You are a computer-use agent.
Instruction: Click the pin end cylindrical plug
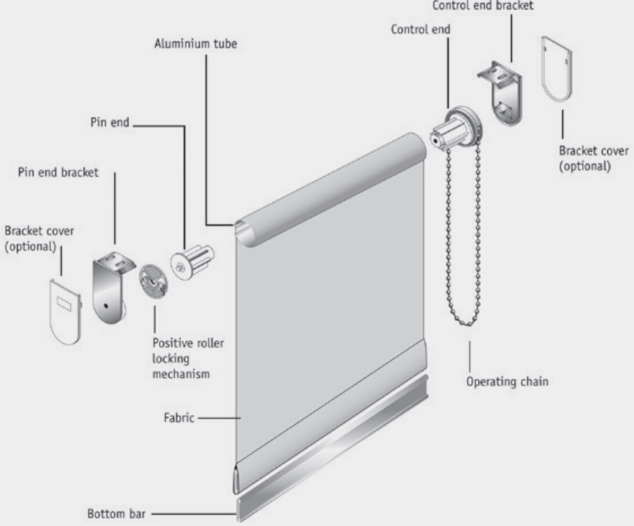193,263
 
